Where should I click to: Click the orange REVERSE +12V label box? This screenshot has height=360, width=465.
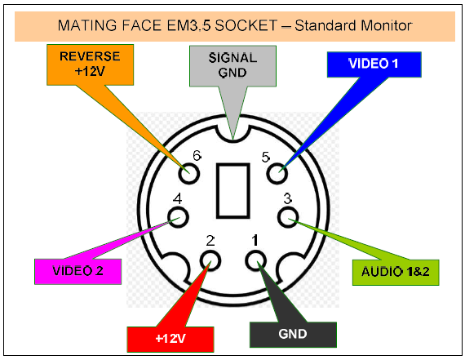click(x=91, y=64)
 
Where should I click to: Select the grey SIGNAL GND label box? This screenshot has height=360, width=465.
click(x=232, y=66)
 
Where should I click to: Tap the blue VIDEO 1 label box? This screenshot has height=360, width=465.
click(x=374, y=64)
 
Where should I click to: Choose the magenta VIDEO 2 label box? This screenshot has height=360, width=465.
click(x=78, y=272)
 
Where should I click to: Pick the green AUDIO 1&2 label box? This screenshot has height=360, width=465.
click(x=396, y=273)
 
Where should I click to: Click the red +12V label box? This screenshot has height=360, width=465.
click(x=170, y=340)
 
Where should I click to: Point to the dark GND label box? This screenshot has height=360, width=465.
click(x=293, y=335)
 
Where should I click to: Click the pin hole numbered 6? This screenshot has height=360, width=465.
click(x=189, y=173)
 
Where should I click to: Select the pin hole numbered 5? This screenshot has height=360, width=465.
click(x=277, y=173)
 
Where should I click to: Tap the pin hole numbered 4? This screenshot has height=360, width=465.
click(x=178, y=217)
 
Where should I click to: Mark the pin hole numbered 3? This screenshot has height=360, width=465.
click(x=288, y=217)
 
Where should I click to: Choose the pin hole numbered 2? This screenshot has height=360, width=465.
click(x=210, y=260)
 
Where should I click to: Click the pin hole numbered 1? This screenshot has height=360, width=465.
click(x=255, y=260)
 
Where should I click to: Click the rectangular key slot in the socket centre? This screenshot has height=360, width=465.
click(x=232, y=190)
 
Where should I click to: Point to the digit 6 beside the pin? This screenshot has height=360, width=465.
click(x=197, y=156)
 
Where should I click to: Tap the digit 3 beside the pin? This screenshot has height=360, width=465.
click(x=287, y=198)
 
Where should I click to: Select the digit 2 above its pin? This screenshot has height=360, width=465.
click(x=210, y=241)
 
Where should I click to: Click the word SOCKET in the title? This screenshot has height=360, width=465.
click(x=246, y=25)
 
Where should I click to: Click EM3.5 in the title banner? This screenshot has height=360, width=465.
click(x=188, y=25)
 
